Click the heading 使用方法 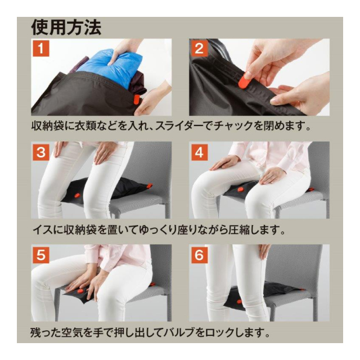pyautogui.click(x=66, y=28)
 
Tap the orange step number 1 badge pyautogui.click(x=41, y=48)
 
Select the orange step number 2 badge pyautogui.click(x=199, y=48)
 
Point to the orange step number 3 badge pyautogui.click(x=41, y=152)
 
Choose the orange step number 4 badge pyautogui.click(x=199, y=152)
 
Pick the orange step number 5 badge pyautogui.click(x=41, y=255)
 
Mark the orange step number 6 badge pyautogui.click(x=199, y=255)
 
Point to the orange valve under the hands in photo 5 pyautogui.click(x=80, y=291)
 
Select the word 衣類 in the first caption pyautogui.click(x=85, y=126)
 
